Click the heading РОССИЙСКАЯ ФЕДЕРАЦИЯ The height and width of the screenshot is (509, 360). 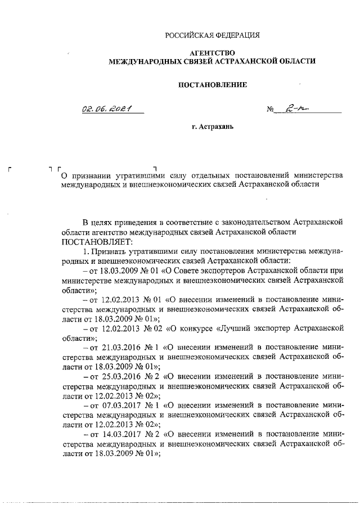point(212,35)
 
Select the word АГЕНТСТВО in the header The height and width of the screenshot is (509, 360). point(212,52)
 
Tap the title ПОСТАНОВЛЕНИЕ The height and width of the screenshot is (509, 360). point(212,85)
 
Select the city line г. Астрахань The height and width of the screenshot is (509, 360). point(212,127)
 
